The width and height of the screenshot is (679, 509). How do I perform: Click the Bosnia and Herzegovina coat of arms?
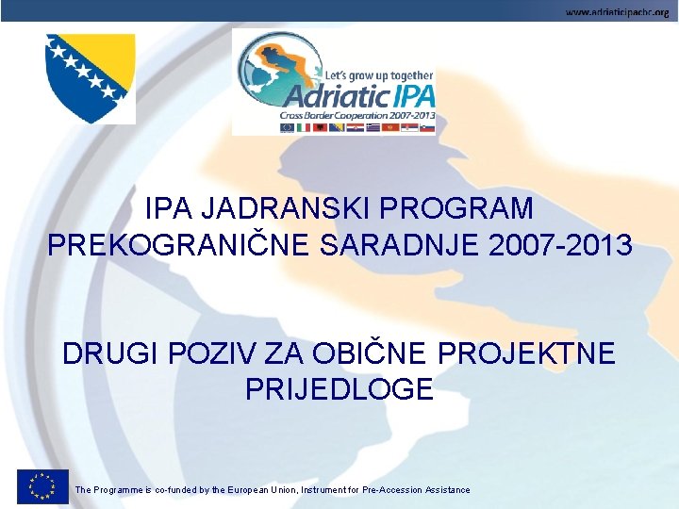(x=91, y=77)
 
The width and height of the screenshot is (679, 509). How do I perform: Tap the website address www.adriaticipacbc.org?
(x=618, y=10)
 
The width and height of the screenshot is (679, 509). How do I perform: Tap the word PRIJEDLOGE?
(x=339, y=388)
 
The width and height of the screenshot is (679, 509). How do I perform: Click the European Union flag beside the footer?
(x=41, y=485)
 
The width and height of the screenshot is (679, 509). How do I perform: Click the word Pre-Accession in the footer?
(x=386, y=490)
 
